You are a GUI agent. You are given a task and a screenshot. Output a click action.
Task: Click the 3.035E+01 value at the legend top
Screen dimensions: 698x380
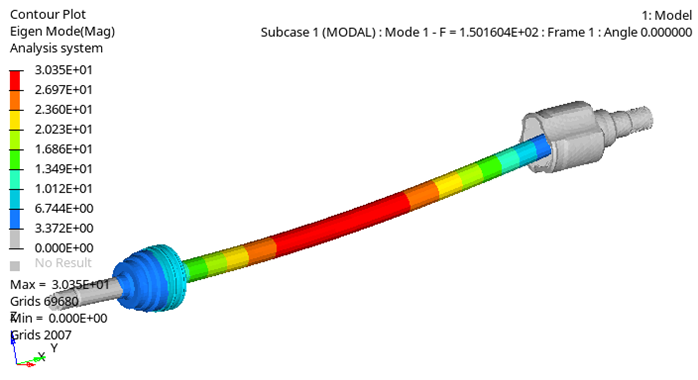tap(63, 70)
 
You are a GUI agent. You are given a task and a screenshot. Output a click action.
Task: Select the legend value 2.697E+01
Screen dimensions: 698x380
tap(63, 90)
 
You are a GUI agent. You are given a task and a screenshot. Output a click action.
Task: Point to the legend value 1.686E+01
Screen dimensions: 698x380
tap(63, 149)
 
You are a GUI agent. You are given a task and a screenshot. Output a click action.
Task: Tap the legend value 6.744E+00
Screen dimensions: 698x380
tap(64, 208)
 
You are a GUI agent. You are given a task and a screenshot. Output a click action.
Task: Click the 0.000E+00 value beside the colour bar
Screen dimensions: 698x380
tap(64, 248)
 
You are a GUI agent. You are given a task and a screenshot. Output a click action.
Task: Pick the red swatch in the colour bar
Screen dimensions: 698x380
tap(15, 80)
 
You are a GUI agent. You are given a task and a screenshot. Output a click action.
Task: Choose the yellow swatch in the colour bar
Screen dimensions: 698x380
tap(15, 120)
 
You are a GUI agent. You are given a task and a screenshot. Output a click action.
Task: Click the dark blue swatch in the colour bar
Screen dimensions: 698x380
tap(15, 218)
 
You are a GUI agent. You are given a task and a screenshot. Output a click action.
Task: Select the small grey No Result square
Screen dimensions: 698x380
tap(15, 266)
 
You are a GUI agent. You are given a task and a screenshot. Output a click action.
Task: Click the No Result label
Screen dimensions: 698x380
tap(63, 263)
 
